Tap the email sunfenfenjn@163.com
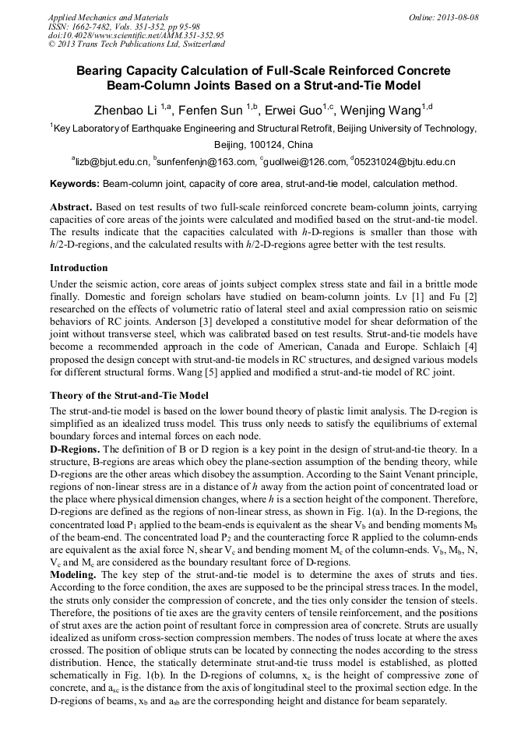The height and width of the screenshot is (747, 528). [206, 162]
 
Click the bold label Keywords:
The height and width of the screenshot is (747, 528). [75, 185]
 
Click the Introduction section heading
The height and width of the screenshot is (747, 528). [79, 268]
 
